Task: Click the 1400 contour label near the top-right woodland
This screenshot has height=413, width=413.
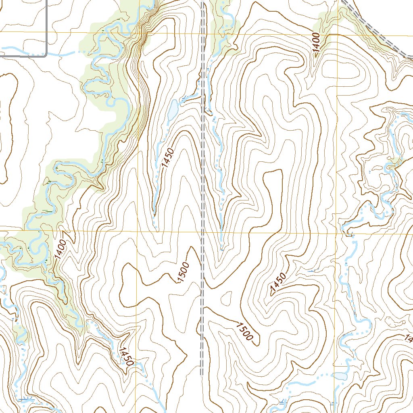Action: (316, 42)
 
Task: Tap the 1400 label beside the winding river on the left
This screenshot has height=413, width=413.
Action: (60, 249)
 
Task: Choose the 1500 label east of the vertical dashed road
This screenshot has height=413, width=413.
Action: (245, 332)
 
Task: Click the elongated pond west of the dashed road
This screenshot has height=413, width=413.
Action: (173, 109)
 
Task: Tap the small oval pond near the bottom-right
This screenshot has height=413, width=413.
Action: (340, 376)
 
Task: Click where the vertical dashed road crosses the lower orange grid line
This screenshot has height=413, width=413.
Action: (202, 232)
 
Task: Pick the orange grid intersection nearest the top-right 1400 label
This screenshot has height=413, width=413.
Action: (337, 35)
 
